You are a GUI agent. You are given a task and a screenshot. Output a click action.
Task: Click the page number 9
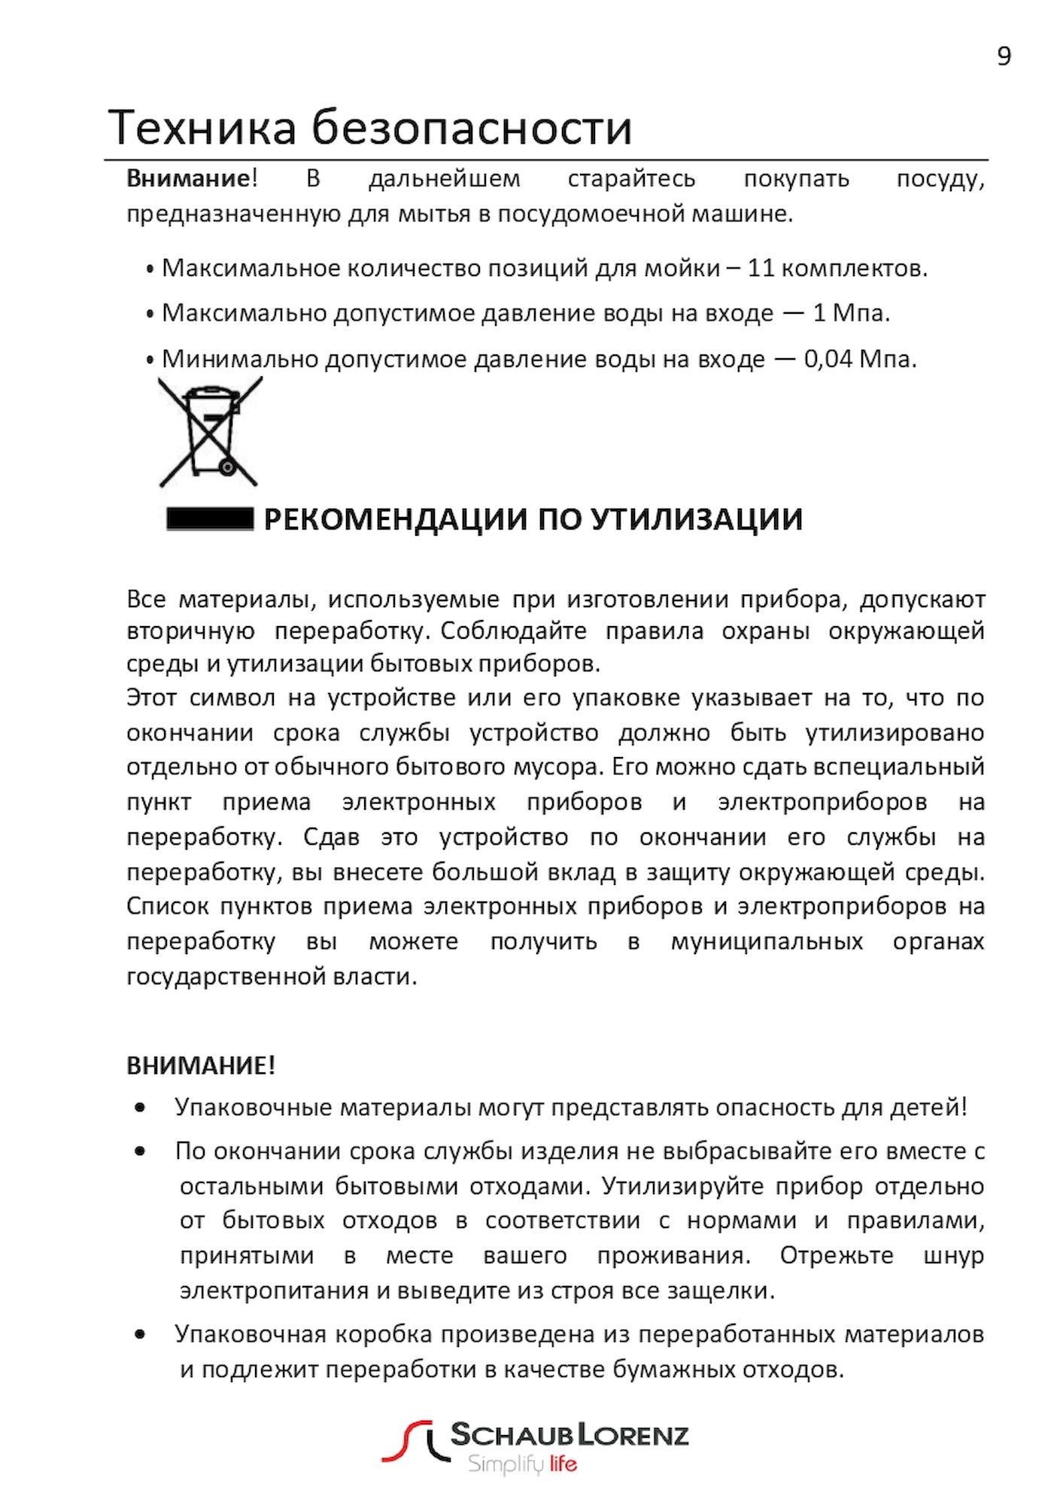coord(1004,56)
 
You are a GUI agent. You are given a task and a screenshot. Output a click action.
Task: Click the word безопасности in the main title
coord(472,127)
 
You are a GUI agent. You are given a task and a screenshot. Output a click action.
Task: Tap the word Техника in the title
coord(202,127)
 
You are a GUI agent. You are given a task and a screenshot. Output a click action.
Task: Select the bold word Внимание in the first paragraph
coord(188,179)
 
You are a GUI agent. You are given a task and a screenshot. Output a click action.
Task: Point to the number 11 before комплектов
coord(761,269)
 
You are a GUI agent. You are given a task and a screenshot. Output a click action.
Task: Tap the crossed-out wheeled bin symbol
coord(210,432)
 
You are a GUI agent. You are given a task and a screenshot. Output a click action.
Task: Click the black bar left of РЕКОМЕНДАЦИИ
coord(210,519)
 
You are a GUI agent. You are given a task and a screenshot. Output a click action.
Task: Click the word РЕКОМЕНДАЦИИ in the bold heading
coord(395,519)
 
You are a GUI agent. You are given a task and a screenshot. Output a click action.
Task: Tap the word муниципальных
coord(767,941)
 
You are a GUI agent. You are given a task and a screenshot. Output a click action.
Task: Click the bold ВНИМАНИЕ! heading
coord(201,1066)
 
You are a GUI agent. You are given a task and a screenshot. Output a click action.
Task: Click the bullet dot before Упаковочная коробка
coord(140,1335)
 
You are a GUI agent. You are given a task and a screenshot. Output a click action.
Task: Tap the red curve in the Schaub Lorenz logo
coord(406,1440)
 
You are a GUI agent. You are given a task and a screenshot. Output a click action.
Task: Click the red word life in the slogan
coord(563,1464)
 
